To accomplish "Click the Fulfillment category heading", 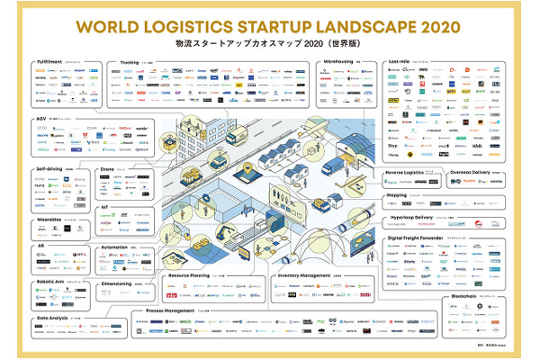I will pos(49,63).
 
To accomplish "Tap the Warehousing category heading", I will pos(337,63).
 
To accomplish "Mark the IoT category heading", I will pos(105,206).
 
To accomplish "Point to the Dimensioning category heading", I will pos(118,283).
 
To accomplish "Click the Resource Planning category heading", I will pos(187,275).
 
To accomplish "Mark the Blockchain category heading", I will pos(457,295).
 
